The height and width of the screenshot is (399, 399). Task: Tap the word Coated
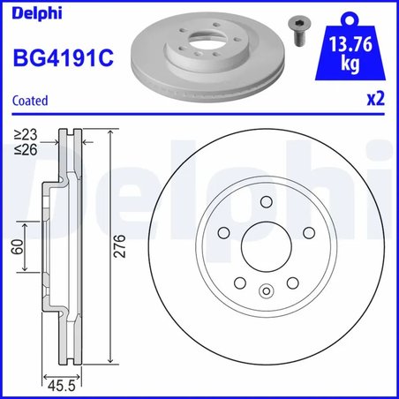[x=30, y=101]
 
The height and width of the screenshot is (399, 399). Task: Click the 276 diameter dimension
[x=121, y=248]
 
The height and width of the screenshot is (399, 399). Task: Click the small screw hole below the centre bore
[x=266, y=290]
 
